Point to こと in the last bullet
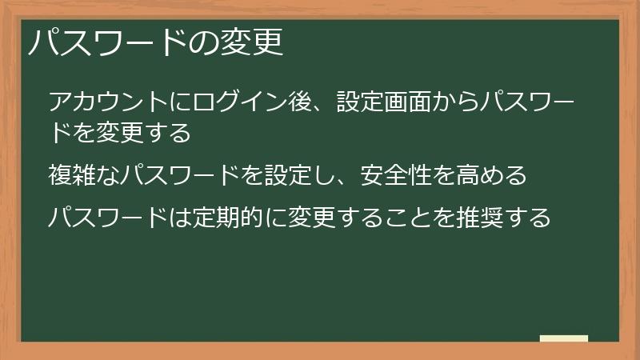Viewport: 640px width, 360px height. (x=403, y=217)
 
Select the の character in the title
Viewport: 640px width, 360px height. (x=204, y=42)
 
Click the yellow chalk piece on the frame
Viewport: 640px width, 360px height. (x=564, y=338)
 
